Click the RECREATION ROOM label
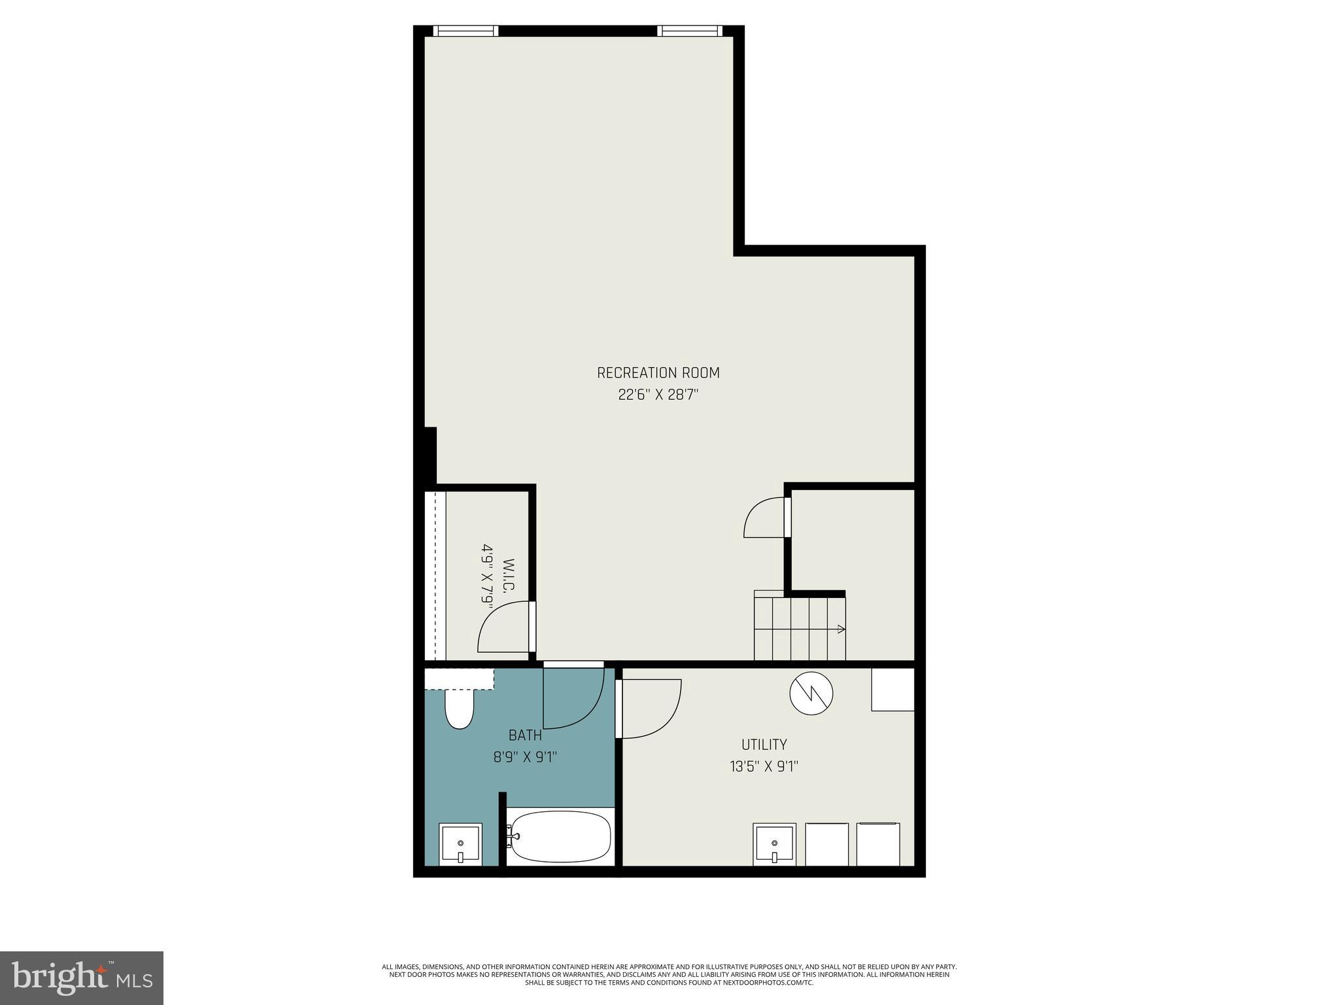[x=658, y=373]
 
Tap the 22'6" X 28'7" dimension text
[x=658, y=395]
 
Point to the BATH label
[x=525, y=735]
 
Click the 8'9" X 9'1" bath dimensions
[x=525, y=758]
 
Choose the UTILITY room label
[x=764, y=745]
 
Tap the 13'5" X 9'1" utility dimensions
[x=764, y=766]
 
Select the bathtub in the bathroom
[x=561, y=837]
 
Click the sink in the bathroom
[x=461, y=844]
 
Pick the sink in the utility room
[x=775, y=844]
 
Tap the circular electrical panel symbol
[x=811, y=694]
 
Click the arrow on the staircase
[x=840, y=629]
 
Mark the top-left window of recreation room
[x=466, y=31]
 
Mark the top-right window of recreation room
[x=690, y=31]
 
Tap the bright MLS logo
[x=82, y=978]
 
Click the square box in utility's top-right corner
[x=892, y=689]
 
